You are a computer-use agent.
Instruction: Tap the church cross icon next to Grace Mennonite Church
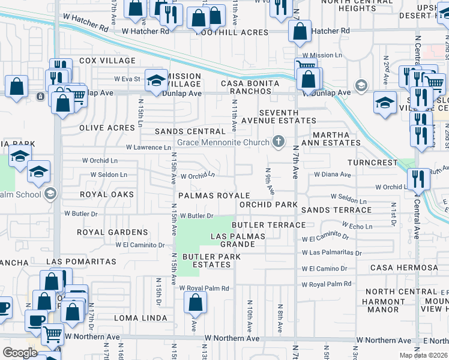coord(277,142)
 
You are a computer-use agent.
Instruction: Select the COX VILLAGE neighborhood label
coord(107,61)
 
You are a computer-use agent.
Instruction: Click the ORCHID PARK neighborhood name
coord(268,205)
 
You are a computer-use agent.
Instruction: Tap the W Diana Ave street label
coord(332,175)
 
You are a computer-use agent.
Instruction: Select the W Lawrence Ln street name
coord(148,147)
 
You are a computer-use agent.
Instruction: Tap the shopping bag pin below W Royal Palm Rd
coord(195,304)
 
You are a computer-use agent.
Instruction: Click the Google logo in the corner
coord(19,353)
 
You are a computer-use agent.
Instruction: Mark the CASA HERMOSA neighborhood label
coord(404,267)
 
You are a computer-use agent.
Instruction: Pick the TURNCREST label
coord(373,163)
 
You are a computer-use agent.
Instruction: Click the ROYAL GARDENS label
coord(112,232)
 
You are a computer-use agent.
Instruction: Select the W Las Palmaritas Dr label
coord(332,253)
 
